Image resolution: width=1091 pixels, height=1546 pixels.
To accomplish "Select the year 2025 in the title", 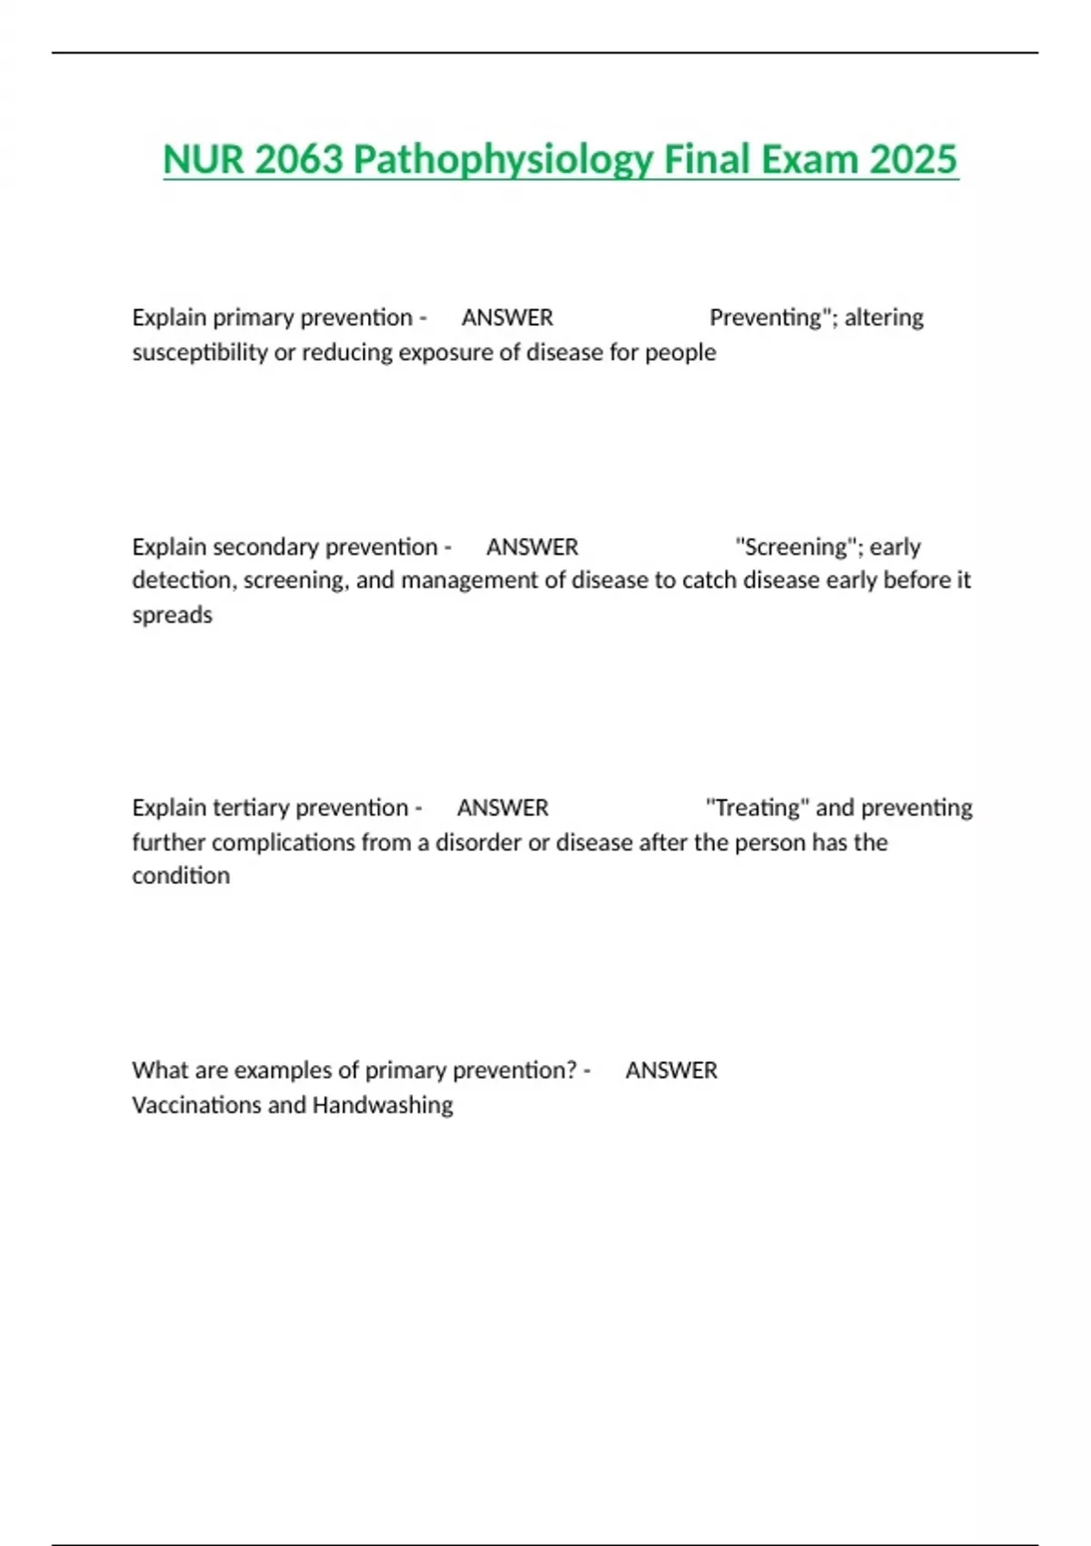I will pos(913,160).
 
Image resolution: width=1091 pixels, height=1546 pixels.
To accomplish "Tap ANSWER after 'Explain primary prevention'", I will pos(507,317).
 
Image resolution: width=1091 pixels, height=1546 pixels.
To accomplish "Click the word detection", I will pos(181,580).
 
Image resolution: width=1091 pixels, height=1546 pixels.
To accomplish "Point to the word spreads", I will pos(172,615).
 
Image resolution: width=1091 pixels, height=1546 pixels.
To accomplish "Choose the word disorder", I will pos(478,842).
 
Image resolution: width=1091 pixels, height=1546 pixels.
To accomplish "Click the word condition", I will pos(181,876).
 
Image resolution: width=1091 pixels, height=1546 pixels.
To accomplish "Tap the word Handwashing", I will pos(383,1105).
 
